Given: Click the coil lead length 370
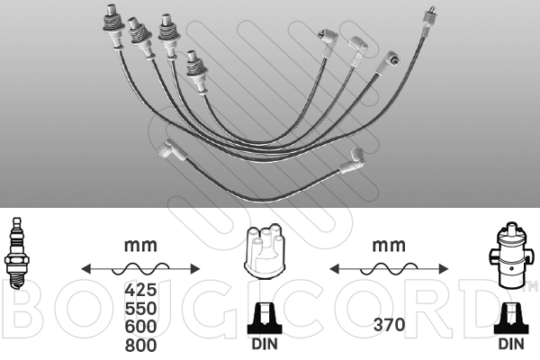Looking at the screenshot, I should pos(388,325).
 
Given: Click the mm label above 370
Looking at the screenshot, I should pos(389,244).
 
